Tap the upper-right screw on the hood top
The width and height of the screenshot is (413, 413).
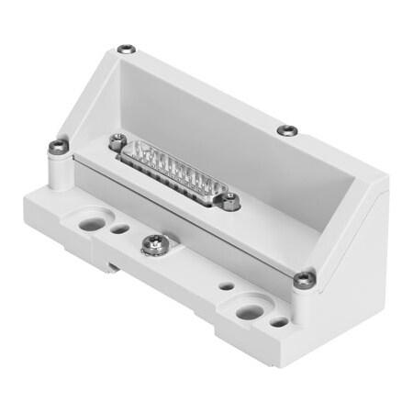[x=287, y=129]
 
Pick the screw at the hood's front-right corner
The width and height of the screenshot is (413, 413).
[x=303, y=276]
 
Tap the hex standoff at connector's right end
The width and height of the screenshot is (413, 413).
[x=233, y=200]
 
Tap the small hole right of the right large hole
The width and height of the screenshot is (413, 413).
[x=278, y=322]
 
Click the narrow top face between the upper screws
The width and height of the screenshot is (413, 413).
[x=211, y=87]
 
